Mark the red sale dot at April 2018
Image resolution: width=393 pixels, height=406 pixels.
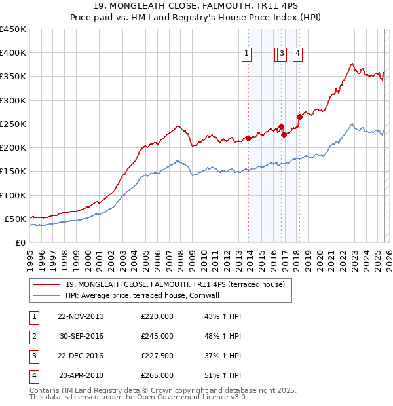coord(299,117)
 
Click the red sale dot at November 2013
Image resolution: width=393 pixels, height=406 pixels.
coord(248,138)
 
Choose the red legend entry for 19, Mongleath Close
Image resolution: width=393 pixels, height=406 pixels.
coord(174,284)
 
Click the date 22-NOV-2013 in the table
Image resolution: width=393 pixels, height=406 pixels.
coord(81,316)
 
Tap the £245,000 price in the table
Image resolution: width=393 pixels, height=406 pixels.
coord(157,336)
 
